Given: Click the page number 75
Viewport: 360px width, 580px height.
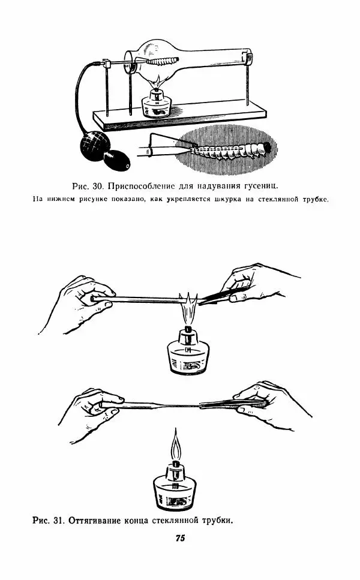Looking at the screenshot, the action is [x=180, y=538].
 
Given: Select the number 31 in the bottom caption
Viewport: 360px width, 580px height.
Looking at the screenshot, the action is [x=58, y=520].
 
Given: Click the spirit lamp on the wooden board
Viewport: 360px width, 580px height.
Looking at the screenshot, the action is [x=157, y=104].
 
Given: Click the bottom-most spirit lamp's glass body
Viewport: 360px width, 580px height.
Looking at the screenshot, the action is [x=175, y=492].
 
